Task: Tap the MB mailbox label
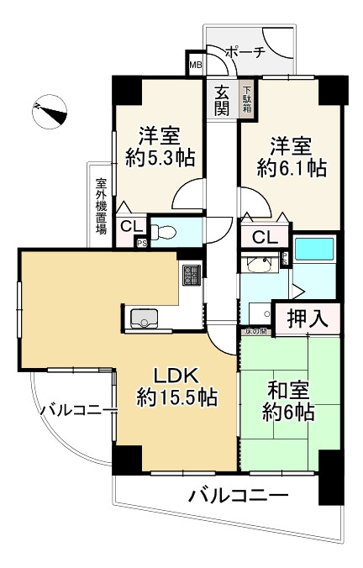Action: (195, 65)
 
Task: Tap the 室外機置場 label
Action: (100, 207)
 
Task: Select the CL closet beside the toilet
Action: (130, 225)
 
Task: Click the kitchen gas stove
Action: (191, 274)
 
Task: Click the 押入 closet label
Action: (308, 318)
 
